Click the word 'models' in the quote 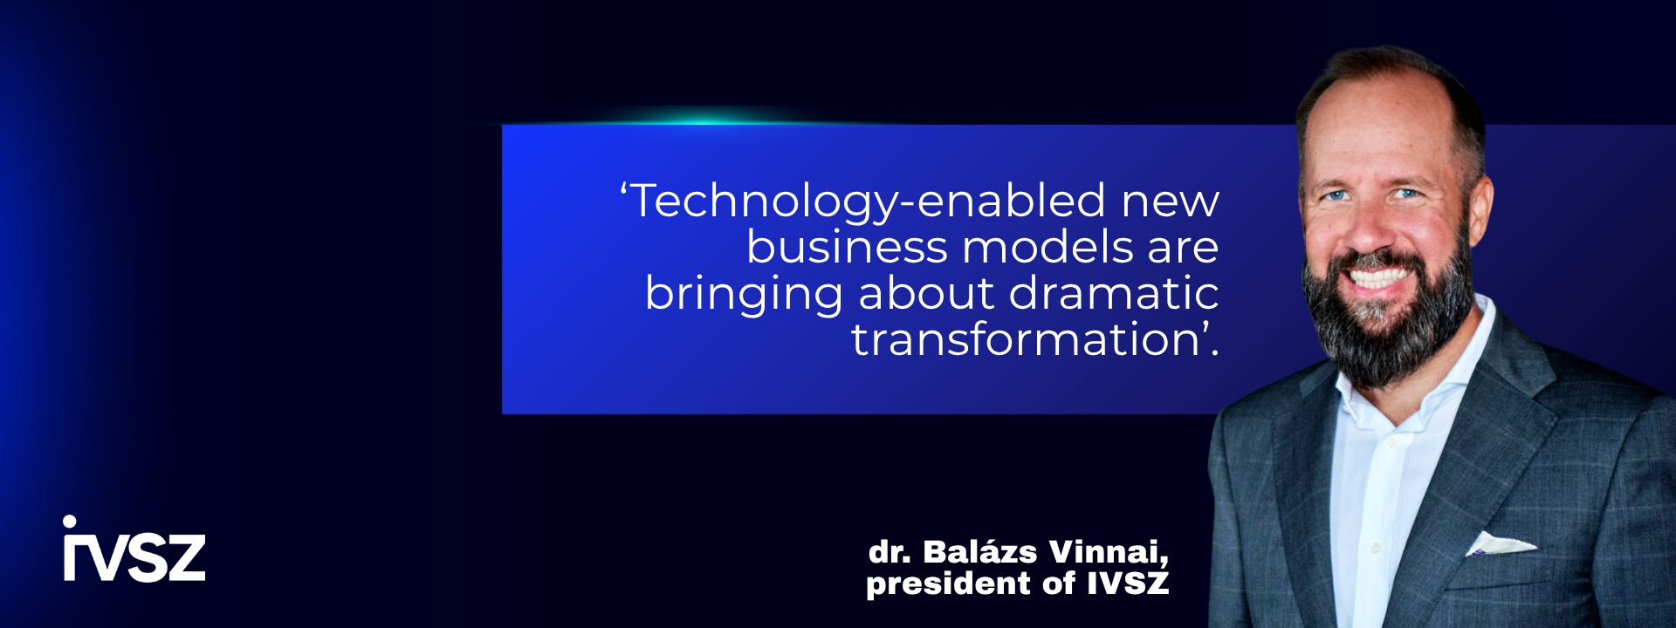(1047, 247)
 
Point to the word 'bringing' (744, 295)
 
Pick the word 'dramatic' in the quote (1114, 293)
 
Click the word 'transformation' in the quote (1025, 339)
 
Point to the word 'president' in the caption (946, 584)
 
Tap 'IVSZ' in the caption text (1128, 582)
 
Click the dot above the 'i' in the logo (70, 522)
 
